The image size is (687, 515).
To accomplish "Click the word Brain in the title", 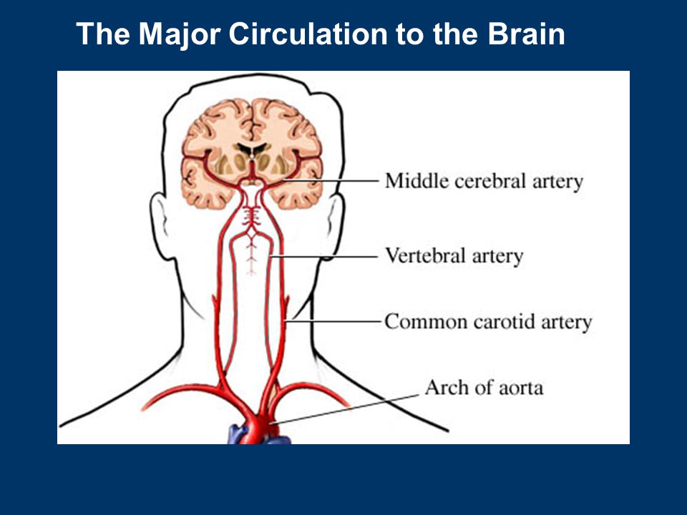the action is point(526,34).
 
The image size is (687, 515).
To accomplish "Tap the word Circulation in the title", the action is point(308,34).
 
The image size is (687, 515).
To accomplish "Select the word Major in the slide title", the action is point(179,34).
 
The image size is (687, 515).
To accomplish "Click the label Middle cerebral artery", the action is point(484,181).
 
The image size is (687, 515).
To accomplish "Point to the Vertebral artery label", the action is point(454,256).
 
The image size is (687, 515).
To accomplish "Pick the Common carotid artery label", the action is point(489,322).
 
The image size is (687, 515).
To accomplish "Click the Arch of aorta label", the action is point(484,388).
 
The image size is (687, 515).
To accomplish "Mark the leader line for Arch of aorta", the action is point(345,409).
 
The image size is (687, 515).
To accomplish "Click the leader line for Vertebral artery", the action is point(323,257).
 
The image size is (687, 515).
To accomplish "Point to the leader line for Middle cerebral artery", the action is point(331,180).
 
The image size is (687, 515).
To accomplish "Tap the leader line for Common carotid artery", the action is point(333,321).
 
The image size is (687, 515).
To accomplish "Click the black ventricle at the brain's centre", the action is point(251,149).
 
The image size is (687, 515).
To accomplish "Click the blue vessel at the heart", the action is point(237,434).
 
